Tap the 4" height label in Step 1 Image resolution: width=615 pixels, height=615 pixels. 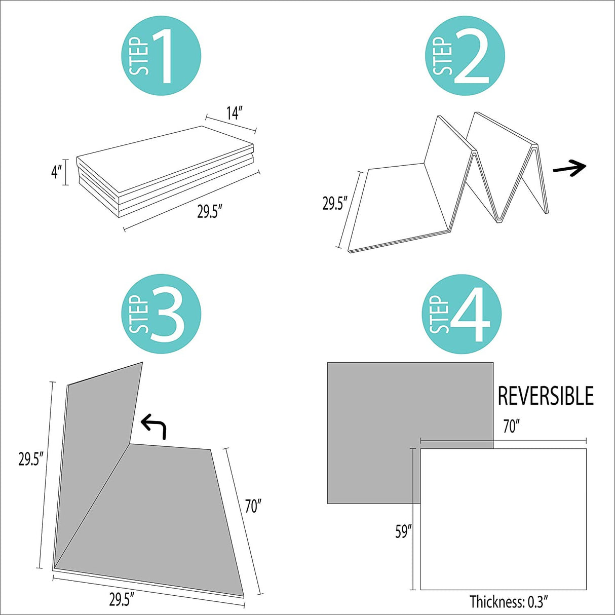tap(56, 172)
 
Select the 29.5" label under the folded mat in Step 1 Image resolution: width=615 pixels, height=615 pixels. tap(207, 212)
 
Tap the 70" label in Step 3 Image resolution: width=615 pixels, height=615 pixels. tap(253, 506)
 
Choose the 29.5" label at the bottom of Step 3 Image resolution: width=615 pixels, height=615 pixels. tap(122, 599)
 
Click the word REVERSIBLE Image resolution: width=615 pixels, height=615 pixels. tap(546, 396)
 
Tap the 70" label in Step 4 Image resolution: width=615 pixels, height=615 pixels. tap(511, 427)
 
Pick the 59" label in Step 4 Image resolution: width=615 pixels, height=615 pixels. tap(403, 531)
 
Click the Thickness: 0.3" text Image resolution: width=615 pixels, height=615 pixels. tap(509, 602)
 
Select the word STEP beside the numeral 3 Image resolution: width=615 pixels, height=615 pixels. tap(140, 315)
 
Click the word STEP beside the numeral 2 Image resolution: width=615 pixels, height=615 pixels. tap(443, 57)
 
